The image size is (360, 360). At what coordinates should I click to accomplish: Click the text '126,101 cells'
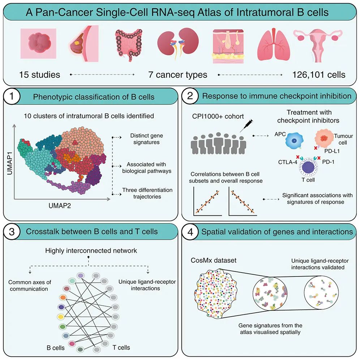pyautogui.click(x=318, y=75)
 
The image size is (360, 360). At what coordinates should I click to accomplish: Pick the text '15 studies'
pyautogui.click(x=40, y=75)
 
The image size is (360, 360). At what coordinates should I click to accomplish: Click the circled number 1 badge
pyautogui.click(x=12, y=97)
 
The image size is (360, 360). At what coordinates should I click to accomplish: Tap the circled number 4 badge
pyautogui.click(x=190, y=232)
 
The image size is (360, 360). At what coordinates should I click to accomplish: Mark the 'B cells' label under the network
pyautogui.click(x=56, y=348)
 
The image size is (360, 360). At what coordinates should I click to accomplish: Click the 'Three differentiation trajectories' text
pyautogui.click(x=147, y=193)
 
